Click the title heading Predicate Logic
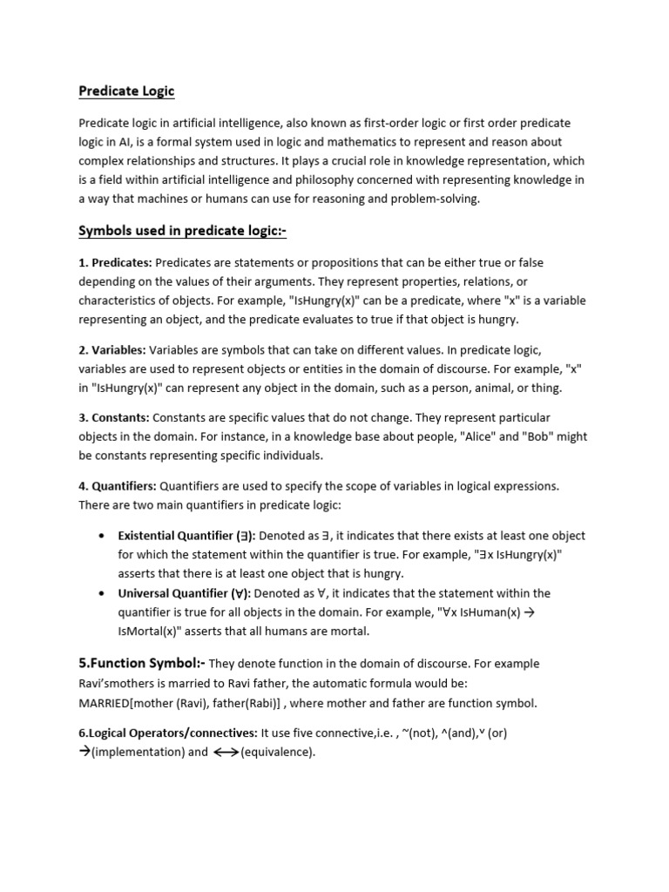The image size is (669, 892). point(127,91)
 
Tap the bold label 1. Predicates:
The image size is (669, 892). point(115,262)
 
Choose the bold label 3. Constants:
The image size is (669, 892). point(114,417)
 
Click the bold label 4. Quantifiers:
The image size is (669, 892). point(118,485)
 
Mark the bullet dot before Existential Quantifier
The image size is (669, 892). point(104,536)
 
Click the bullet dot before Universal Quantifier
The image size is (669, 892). point(104,593)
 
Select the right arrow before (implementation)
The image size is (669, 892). point(84,752)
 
